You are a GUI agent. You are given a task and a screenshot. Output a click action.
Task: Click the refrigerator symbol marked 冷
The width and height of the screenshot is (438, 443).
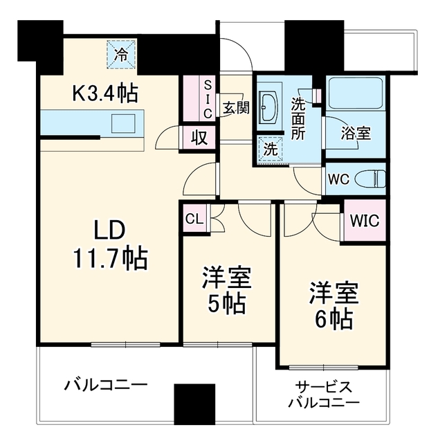click(x=121, y=55)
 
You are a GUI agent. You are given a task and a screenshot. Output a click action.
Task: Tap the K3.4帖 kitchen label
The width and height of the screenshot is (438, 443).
click(x=105, y=93)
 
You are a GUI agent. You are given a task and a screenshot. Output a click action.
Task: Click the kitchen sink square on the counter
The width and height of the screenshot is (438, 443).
click(x=123, y=123)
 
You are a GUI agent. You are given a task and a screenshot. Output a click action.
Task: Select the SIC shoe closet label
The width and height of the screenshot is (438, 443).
click(x=208, y=100)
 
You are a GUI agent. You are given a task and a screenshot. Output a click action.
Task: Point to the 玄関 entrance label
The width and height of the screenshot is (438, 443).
click(x=236, y=108)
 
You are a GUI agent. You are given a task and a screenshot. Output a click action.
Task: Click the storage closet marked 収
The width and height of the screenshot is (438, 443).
click(x=200, y=138)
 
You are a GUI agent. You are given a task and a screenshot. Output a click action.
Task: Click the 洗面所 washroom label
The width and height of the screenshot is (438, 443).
click(x=298, y=118)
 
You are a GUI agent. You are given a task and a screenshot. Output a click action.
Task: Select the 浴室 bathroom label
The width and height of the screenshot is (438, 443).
click(x=356, y=133)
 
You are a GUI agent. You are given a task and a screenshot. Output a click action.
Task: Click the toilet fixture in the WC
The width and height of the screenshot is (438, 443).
click(x=370, y=179)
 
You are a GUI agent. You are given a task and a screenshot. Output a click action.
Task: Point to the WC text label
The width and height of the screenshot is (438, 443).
click(x=339, y=179)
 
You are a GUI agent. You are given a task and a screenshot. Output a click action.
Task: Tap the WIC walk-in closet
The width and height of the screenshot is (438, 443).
click(x=365, y=220)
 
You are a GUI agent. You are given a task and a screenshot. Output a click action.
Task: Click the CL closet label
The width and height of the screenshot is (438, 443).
click(x=194, y=219)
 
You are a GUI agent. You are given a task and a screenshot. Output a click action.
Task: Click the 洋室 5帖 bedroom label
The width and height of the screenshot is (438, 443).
click(x=227, y=290)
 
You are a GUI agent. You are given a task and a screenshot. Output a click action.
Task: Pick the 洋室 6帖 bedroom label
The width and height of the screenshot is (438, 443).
click(x=334, y=306)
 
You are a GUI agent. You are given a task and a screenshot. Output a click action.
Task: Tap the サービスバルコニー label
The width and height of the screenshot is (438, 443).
click(x=324, y=394)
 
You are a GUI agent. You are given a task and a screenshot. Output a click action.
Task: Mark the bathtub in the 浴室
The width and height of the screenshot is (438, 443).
click(x=356, y=93)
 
